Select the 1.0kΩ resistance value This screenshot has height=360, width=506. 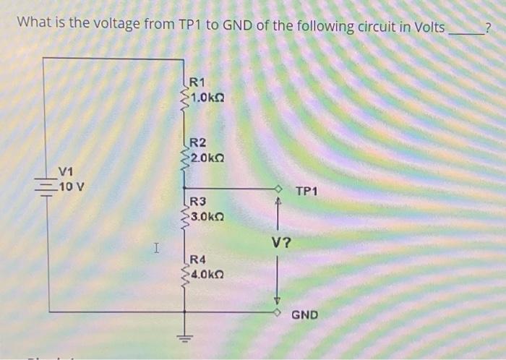[208, 96]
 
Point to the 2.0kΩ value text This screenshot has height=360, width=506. [208, 156]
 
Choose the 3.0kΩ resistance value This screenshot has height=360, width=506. [208, 215]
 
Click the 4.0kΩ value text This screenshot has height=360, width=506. [208, 275]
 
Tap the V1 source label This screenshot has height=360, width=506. [67, 171]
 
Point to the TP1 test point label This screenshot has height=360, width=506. [307, 192]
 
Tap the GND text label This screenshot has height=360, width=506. [304, 315]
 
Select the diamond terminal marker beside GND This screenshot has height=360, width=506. [277, 313]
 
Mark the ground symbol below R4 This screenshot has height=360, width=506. [184, 337]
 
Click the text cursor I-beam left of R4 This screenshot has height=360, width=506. [155, 249]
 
